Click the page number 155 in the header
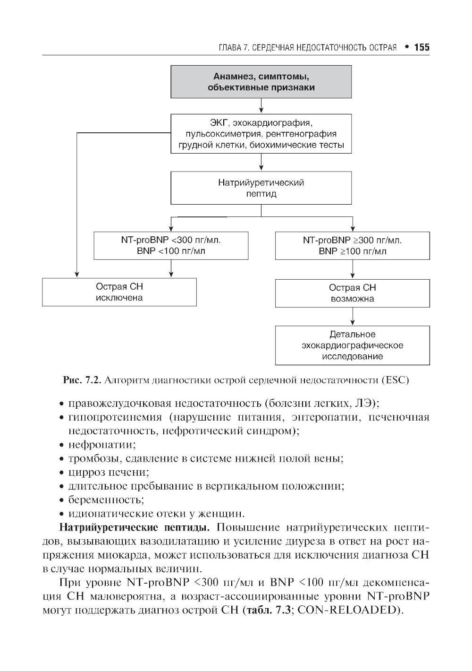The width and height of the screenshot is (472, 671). (x=421, y=47)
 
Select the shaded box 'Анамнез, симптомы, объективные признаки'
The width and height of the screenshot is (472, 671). (x=261, y=82)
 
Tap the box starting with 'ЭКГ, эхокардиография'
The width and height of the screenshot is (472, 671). (x=261, y=133)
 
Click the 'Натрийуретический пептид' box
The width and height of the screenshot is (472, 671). (x=261, y=188)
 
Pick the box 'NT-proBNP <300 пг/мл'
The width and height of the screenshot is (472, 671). (x=171, y=245)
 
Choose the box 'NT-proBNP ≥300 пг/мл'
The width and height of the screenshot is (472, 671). (x=353, y=245)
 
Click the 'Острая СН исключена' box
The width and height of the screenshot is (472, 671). (x=119, y=292)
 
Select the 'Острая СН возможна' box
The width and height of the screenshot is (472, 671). (x=353, y=293)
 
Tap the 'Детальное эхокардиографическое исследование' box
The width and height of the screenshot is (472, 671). (x=353, y=345)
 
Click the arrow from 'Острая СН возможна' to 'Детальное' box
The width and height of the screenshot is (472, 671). (x=353, y=316)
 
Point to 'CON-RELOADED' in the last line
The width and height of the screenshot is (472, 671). (x=349, y=610)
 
